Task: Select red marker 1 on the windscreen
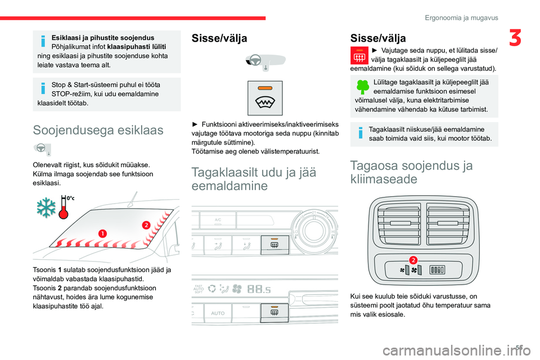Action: (x=103, y=233)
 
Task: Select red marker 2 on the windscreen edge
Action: (x=145, y=224)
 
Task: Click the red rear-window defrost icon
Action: (x=360, y=56)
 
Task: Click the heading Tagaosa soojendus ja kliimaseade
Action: (x=411, y=172)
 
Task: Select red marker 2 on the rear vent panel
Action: (x=412, y=259)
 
